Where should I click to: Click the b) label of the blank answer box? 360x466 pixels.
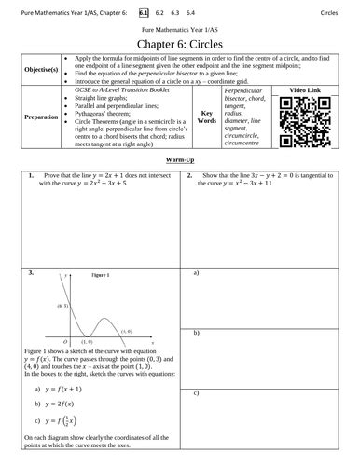(197, 333)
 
